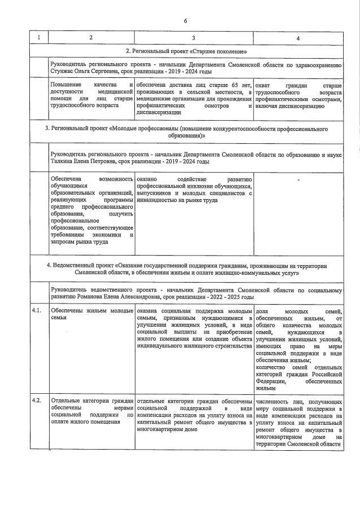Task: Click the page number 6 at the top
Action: click(x=185, y=21)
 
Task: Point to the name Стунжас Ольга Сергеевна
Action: click(x=82, y=72)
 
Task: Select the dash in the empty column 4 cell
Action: click(x=298, y=180)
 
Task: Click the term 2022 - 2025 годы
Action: click(x=230, y=296)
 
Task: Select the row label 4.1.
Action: click(x=37, y=310)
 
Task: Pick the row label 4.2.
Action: click(x=37, y=401)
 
